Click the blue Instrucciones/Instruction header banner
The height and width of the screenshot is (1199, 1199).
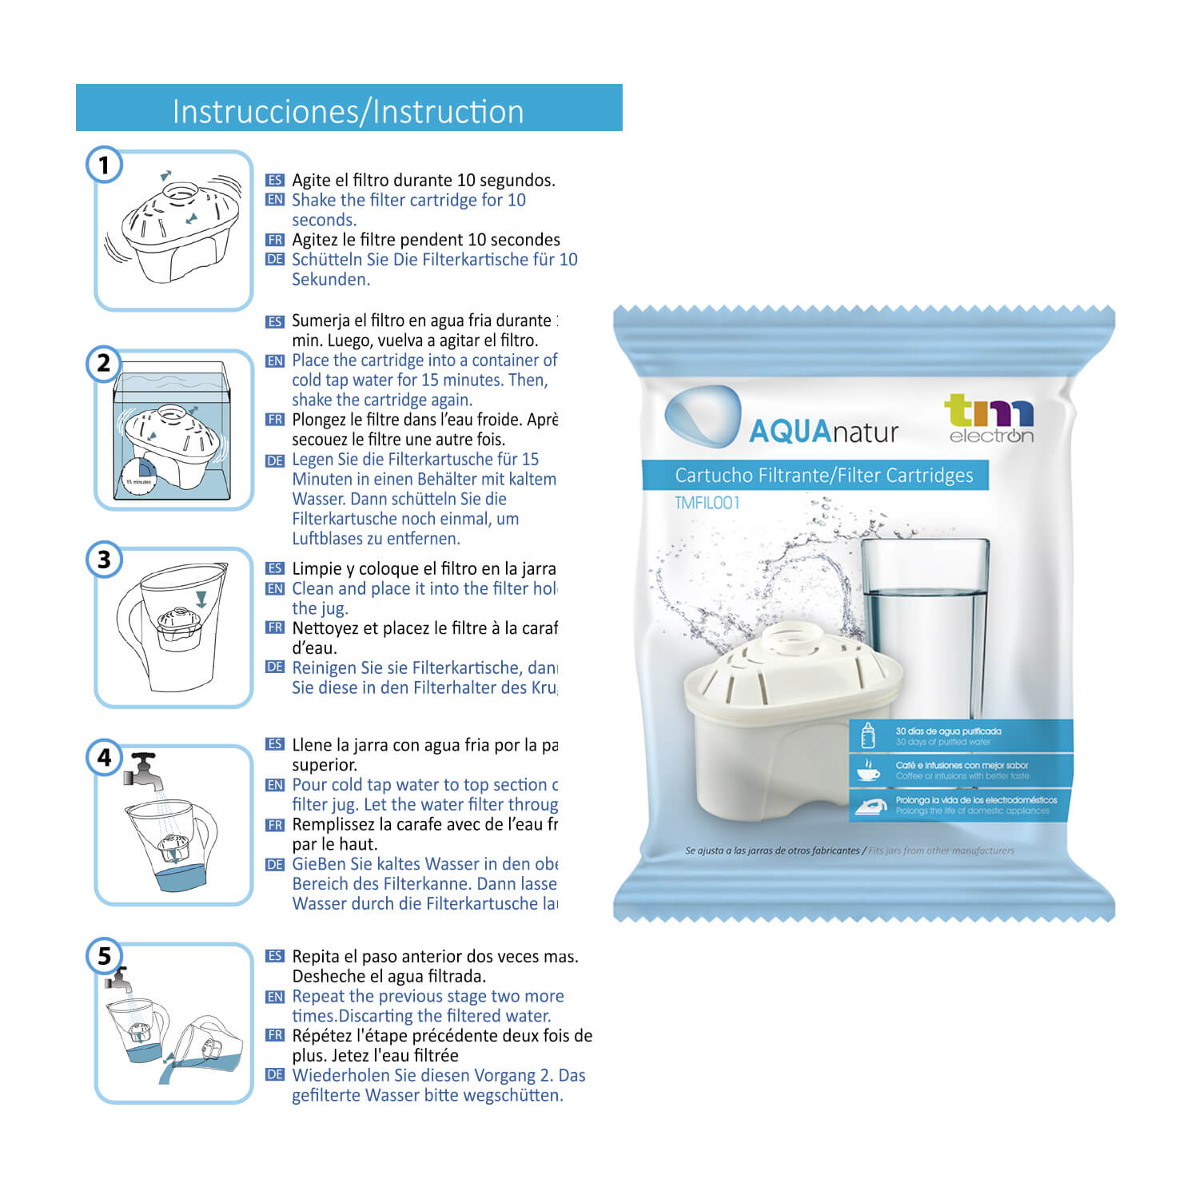point(349,108)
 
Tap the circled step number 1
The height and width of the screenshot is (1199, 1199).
point(104,165)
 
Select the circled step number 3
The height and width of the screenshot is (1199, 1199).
point(104,560)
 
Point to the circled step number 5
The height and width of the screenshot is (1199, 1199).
point(104,955)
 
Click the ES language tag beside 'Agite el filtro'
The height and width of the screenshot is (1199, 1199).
point(275,181)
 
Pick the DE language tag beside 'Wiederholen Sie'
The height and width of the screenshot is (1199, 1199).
point(275,1075)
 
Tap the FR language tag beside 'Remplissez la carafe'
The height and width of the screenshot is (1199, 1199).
point(275,825)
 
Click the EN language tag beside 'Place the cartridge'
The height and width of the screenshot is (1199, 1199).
point(275,361)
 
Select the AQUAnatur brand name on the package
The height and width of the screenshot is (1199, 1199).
point(823,432)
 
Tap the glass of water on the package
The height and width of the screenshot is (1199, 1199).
point(926,623)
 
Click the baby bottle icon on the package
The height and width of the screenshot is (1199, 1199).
point(868,735)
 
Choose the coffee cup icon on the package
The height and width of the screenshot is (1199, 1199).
point(868,771)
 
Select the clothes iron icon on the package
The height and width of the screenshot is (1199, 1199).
point(870,806)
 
